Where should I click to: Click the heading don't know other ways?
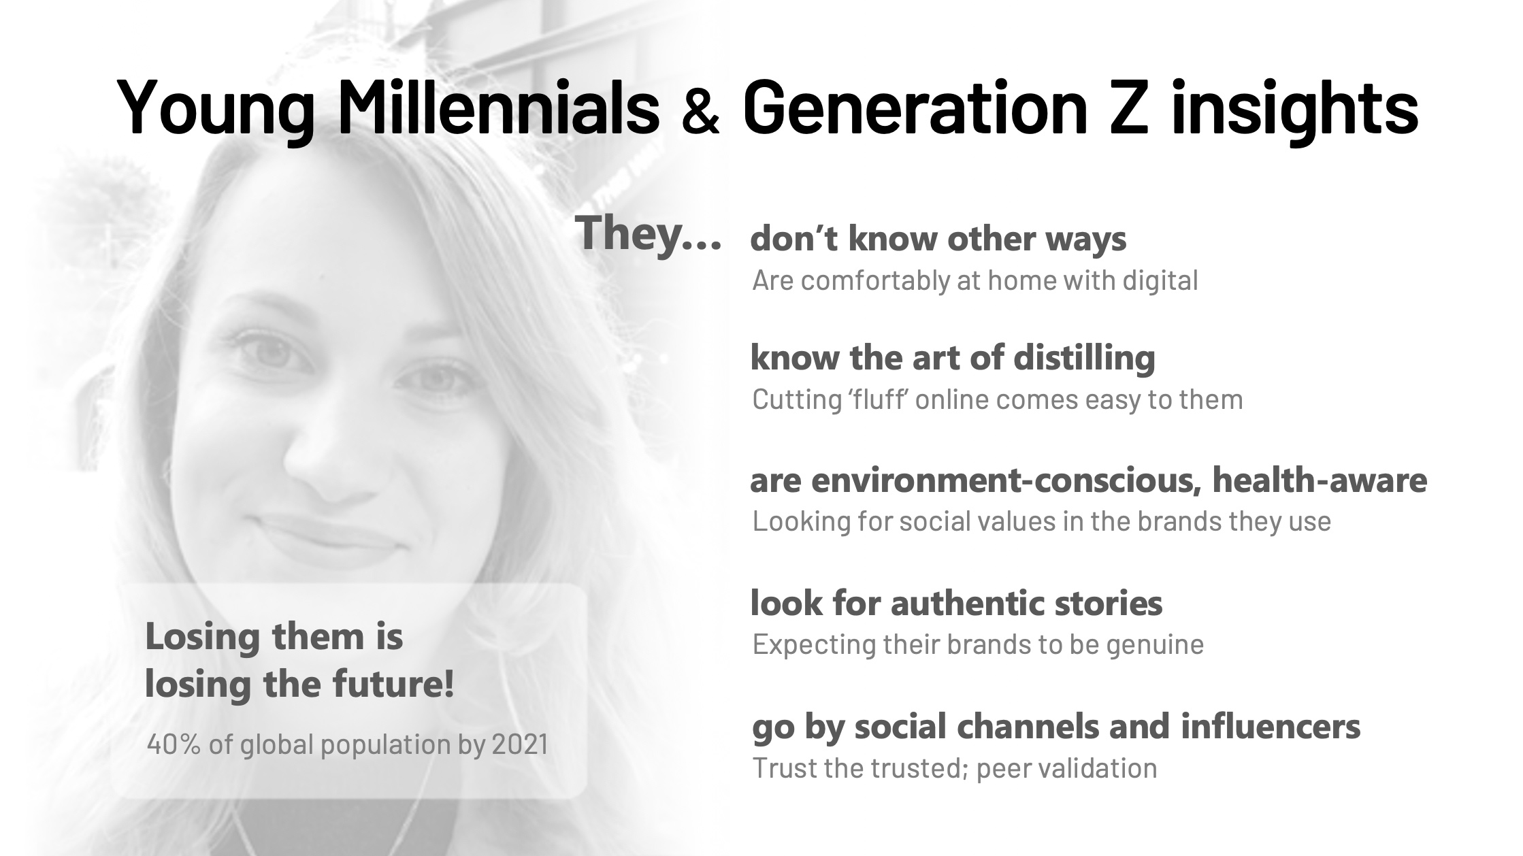coord(938,239)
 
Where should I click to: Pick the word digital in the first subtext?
coord(1160,280)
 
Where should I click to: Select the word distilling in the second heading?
coord(1084,358)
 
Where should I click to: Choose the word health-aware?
coord(1320,480)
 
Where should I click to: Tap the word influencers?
coord(1271,726)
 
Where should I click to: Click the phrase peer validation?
coord(1066,768)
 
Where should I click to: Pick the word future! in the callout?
coord(393,684)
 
